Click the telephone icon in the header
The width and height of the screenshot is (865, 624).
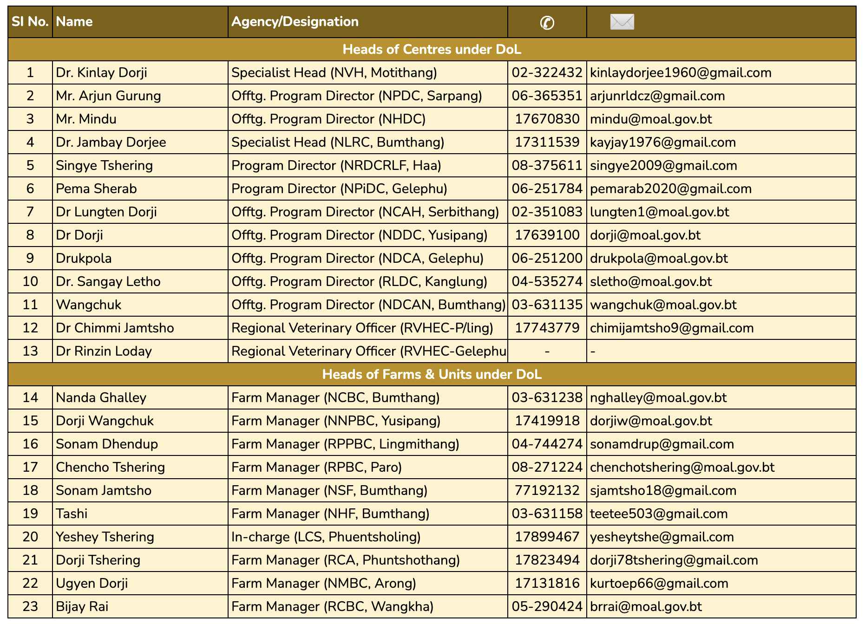(x=547, y=22)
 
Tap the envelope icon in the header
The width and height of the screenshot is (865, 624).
(x=622, y=22)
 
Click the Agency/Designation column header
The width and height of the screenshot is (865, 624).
(x=295, y=22)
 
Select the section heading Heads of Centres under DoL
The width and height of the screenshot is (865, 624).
(x=432, y=49)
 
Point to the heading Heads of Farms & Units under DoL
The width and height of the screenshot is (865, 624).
(x=432, y=374)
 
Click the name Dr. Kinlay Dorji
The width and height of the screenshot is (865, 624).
(x=101, y=72)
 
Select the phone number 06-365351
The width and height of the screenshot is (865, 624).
(x=547, y=96)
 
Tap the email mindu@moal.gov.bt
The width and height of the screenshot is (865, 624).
(x=650, y=119)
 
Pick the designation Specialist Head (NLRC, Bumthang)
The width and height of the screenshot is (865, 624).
(x=338, y=142)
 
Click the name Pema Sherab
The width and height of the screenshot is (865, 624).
(x=96, y=188)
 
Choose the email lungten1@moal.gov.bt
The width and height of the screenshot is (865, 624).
(x=659, y=212)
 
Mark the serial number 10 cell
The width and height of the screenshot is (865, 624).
(x=30, y=281)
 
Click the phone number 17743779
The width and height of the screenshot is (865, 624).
(x=547, y=328)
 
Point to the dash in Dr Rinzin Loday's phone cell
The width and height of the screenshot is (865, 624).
(x=547, y=351)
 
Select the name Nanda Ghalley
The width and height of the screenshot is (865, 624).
(x=101, y=397)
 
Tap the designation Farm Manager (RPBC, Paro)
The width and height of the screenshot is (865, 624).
(x=316, y=467)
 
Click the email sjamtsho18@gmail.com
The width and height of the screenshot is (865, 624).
(x=663, y=490)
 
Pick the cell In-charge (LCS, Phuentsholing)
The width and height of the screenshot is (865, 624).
(x=326, y=537)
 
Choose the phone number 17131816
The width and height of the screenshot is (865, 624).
(x=547, y=583)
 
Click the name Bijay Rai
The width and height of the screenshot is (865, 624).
(x=82, y=606)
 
